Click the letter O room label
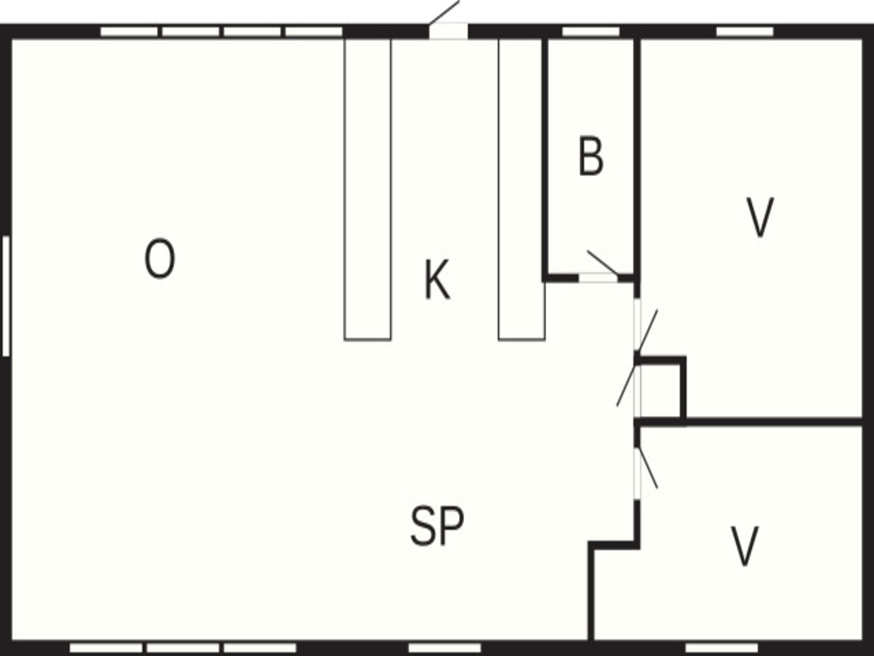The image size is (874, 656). tap(160, 259)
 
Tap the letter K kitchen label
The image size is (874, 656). tap(437, 279)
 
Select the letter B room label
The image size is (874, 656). tap(591, 156)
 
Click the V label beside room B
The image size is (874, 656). tap(760, 217)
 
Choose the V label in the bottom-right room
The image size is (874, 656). tap(744, 546)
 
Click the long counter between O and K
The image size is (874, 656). tap(367, 190)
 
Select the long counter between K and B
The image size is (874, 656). tap(522, 190)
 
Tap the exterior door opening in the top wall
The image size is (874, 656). tap(448, 31)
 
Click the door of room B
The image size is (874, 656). tap(598, 277)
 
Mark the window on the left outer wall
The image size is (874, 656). tap(6, 296)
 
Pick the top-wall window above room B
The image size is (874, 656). tap(591, 31)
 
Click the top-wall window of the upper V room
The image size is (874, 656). tap(745, 31)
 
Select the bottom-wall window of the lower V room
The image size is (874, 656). tap(722, 648)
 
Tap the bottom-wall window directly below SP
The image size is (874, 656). tap(445, 648)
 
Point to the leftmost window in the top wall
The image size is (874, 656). tap(129, 31)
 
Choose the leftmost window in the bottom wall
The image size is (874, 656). tap(106, 648)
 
